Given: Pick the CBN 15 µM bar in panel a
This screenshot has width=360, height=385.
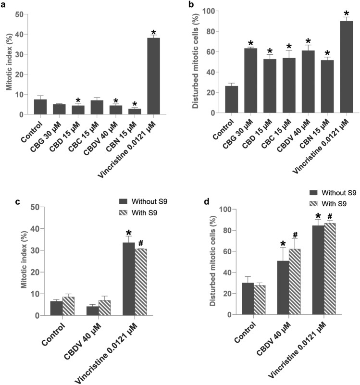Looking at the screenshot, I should coord(137,112).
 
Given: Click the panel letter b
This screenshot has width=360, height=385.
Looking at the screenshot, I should coord(192,4).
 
